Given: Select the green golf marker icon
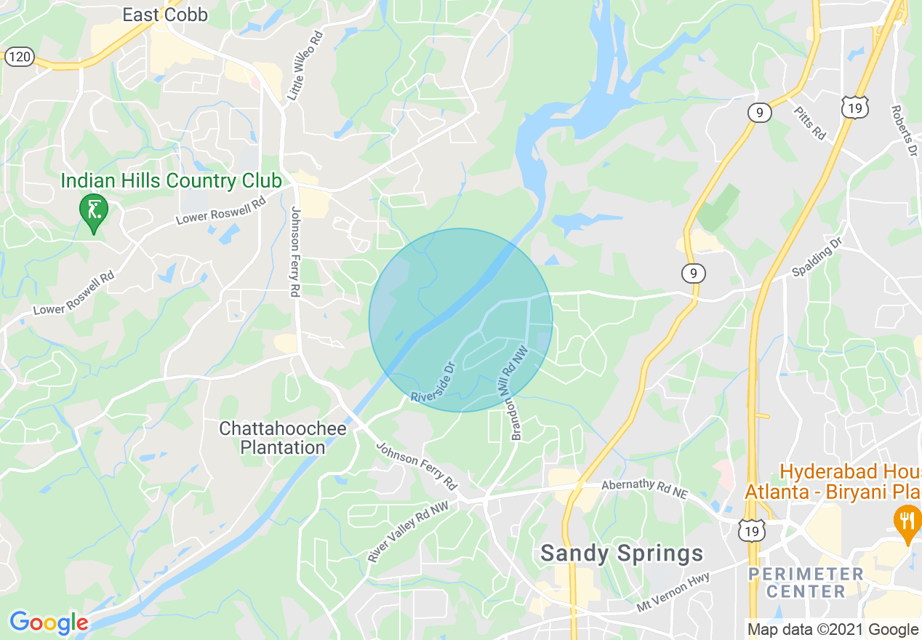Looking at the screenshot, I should tap(94, 211).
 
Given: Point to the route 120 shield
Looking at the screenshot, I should tap(20, 57).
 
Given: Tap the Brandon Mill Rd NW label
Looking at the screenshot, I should tap(518, 393).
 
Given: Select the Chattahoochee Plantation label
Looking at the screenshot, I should tap(283, 438).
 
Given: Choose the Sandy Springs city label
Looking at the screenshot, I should tap(622, 553).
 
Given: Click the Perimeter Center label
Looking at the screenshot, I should tap(805, 583).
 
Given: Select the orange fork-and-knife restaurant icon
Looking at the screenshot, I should tap(907, 521).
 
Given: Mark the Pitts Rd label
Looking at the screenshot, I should tap(810, 124).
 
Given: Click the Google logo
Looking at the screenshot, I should tap(49, 623).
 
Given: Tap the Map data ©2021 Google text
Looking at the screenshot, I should tap(833, 629).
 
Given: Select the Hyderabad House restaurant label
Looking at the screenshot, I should tap(833, 481).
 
